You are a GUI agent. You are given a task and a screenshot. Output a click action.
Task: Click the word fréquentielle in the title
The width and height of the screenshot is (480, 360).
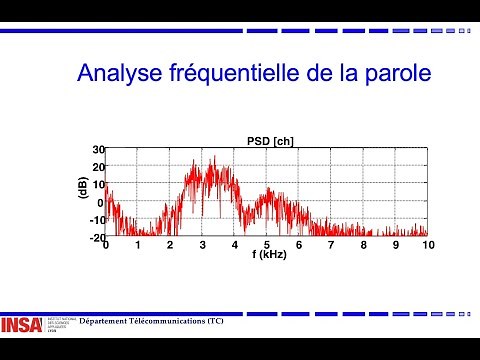point(235,74)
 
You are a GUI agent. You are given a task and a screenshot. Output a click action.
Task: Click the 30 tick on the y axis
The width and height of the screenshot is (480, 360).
point(98,149)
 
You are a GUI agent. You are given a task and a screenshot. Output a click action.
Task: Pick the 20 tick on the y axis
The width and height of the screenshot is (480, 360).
point(98,167)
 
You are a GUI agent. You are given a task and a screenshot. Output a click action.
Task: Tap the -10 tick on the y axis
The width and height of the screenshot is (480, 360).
point(96,220)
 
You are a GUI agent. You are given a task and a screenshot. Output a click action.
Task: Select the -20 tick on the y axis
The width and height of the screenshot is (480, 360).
point(96,238)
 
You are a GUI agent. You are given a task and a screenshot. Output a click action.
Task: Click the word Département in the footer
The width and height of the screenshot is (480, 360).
point(106,321)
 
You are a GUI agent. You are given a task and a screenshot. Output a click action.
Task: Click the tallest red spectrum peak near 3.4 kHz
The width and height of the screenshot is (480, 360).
point(213,158)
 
